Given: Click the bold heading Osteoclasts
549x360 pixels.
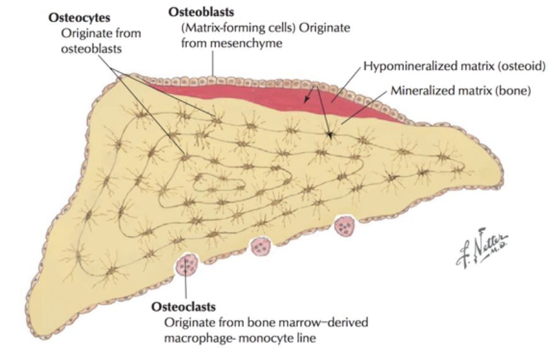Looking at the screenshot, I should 183,307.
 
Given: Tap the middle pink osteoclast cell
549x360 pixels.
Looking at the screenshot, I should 261,247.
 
